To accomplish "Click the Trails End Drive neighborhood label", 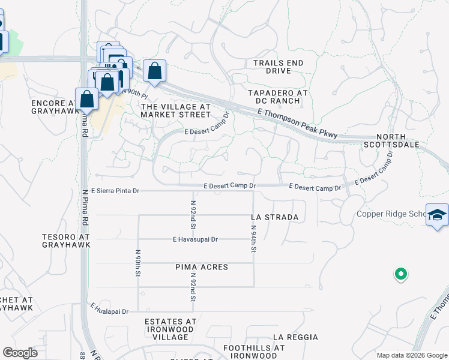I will [x=278, y=67].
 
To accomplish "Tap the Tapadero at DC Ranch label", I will [x=278, y=97].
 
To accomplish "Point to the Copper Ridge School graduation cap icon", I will [x=437, y=215].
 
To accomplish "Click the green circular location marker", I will [x=400, y=275].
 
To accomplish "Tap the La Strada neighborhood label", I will [x=275, y=217].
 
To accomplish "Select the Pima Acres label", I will [x=202, y=266].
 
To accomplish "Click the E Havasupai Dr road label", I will [x=195, y=239].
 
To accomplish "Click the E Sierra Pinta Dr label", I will [x=111, y=191].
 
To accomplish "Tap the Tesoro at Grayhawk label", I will [x=66, y=242].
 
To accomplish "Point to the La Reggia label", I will [x=295, y=338].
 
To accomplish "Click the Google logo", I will [x=20, y=353].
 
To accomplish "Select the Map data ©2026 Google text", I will [x=411, y=355].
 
